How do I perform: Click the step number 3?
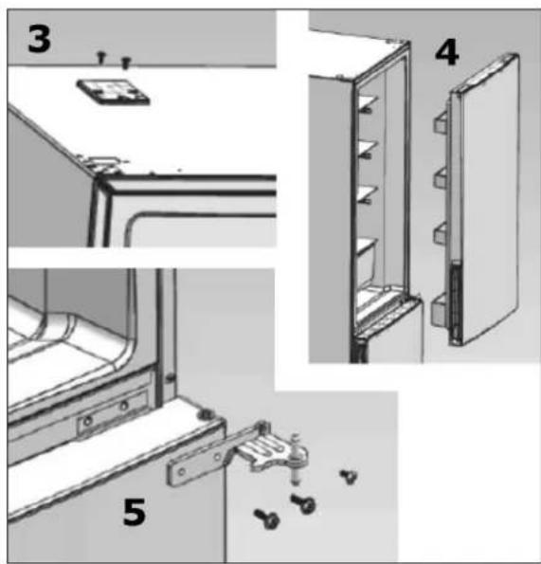39,39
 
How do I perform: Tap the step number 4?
447,52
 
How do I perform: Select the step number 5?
135,513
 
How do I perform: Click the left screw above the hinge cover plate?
101,57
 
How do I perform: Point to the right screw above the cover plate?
125,63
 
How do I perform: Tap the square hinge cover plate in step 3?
113,91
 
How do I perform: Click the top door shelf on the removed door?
442,122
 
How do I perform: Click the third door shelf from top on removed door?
442,233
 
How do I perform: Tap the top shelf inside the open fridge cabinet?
368,103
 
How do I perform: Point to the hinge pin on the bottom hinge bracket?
295,460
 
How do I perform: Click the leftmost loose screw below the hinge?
267,519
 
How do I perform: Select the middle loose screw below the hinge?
303,503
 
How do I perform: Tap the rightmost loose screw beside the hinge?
349,476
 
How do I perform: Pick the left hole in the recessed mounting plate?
88,421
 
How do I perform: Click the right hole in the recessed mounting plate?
124,406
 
